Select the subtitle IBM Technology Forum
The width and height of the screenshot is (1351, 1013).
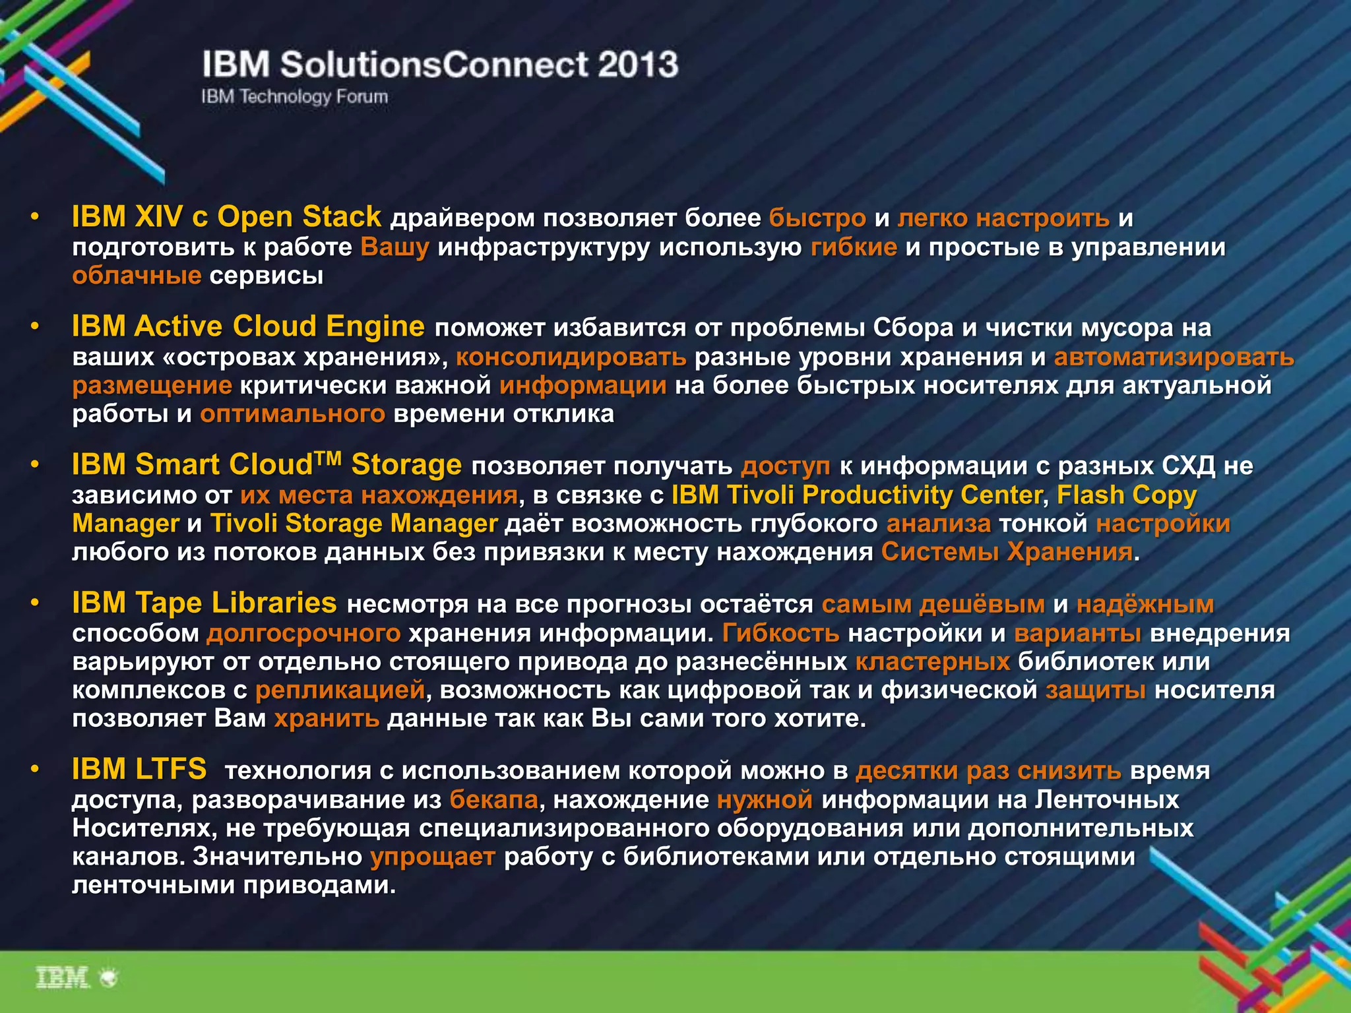pos(295,97)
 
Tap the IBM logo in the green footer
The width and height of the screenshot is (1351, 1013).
pos(63,977)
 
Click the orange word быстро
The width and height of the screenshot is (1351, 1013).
pos(817,218)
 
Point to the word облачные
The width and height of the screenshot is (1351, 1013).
pos(137,275)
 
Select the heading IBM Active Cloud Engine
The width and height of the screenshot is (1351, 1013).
pos(248,326)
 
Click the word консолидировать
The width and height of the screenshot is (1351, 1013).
pos(571,357)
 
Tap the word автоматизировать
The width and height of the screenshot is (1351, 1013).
pos(1174,357)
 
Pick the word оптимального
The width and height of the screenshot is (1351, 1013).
pos(292,414)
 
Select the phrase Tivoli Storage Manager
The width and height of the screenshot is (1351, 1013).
pos(354,523)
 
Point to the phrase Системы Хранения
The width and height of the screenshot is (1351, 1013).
pos(1007,551)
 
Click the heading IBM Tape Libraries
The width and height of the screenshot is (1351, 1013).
pos(204,603)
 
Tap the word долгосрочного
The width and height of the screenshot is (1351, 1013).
pos(303,633)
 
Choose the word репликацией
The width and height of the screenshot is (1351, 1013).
pos(340,690)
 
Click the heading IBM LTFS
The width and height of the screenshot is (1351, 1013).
pos(139,769)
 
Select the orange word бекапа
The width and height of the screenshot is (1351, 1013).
pos(494,799)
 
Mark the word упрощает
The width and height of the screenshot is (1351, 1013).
pos(433,856)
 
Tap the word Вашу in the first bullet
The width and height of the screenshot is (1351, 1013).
pos(394,247)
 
